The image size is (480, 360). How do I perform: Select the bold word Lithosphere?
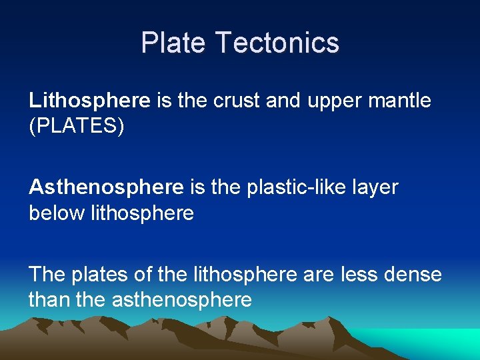(89, 101)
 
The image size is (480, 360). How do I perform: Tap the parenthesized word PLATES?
(77, 127)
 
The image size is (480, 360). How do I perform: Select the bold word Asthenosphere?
(106, 187)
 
